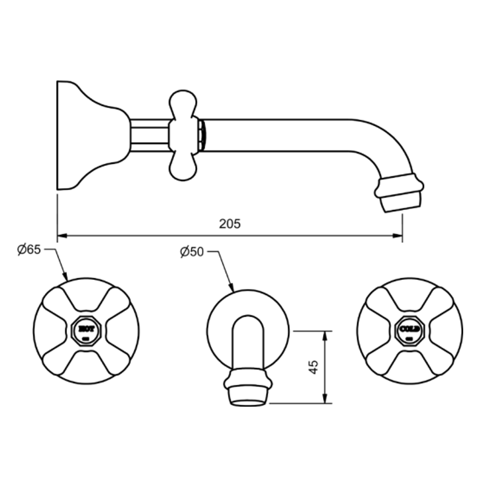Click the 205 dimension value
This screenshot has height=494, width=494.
click(230, 224)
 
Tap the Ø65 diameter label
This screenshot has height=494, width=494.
click(29, 250)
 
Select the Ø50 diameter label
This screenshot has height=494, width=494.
click(192, 252)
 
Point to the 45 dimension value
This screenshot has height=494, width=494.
click(314, 367)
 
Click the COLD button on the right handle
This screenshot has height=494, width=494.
click(409, 329)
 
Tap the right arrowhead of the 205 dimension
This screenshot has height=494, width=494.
click(397, 236)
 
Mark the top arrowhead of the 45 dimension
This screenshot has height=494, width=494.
click(325, 335)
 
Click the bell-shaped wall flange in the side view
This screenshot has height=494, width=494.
click(87, 135)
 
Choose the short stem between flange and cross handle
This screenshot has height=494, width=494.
click(150, 135)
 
